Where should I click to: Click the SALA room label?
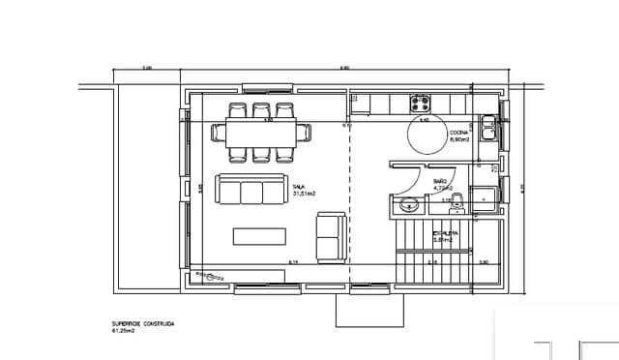pyautogui.click(x=300, y=186)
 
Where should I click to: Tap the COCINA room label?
pyautogui.click(x=459, y=133)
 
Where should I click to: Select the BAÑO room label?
pyautogui.click(x=440, y=181)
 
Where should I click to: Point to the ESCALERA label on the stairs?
pyautogui.click(x=445, y=233)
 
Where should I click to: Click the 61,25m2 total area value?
pyautogui.click(x=125, y=331)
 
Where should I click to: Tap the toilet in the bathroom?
pyautogui.click(x=459, y=201)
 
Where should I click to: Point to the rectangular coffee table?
pyautogui.click(x=259, y=236)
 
